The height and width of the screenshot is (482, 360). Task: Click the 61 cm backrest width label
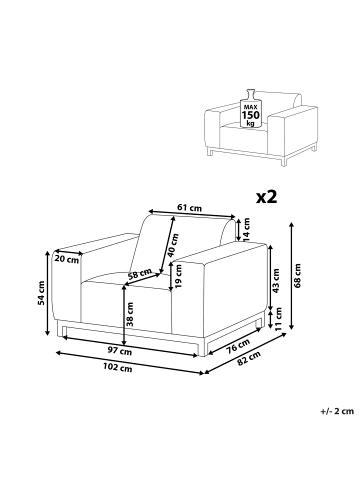pos(189,208)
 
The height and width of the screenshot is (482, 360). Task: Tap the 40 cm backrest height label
pos(173,245)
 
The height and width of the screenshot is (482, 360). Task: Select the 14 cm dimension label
pos(246,229)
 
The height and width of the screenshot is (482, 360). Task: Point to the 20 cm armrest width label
pos(67,259)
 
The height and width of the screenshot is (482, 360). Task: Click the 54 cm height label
pos(41,293)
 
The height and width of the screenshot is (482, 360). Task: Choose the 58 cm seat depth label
pos(140,274)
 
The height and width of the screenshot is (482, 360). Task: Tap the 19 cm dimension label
pos(178,276)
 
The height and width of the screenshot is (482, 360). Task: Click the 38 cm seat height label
pos(130,314)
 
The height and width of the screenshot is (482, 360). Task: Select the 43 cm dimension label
pos(276,280)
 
